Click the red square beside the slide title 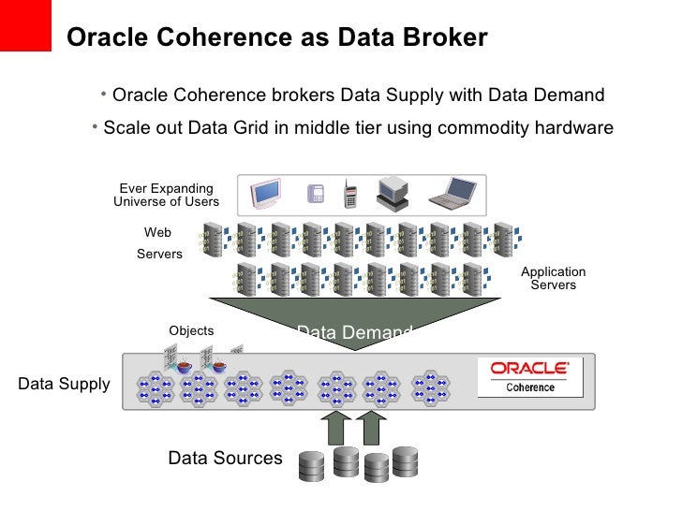coord(25,25)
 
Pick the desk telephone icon coord(316,194)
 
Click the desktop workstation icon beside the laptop coord(393,193)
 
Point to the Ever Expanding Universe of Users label coord(166,195)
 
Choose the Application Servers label coord(553,278)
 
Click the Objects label coord(191,330)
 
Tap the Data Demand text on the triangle coord(354,332)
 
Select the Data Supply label coord(64,384)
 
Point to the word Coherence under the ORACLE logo coord(529,387)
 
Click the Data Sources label coord(225,458)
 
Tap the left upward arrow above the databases coord(335,427)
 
